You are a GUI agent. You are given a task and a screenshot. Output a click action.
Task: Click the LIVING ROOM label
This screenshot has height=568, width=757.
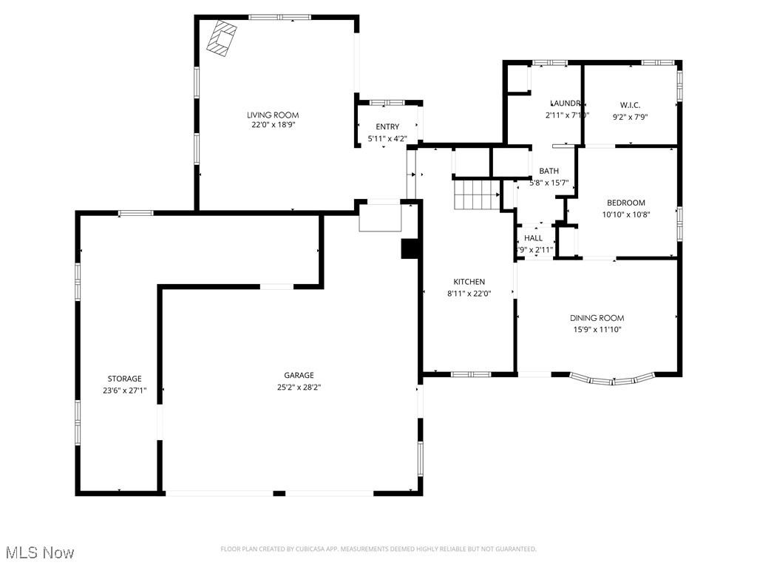[273, 115]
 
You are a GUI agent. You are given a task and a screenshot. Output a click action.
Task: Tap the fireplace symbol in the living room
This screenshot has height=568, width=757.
[222, 38]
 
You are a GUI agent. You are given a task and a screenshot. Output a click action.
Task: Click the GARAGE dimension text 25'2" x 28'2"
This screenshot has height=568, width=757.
[299, 386]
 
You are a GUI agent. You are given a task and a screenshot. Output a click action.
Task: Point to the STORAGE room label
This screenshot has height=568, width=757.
[124, 379]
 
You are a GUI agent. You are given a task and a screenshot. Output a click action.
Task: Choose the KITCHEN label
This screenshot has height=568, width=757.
[469, 282]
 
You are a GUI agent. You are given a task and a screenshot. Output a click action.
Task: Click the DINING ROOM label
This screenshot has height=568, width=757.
[597, 318]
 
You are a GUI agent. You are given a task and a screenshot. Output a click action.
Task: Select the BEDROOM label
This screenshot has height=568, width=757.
[625, 203]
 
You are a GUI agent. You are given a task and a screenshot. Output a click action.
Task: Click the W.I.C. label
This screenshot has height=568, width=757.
[630, 105]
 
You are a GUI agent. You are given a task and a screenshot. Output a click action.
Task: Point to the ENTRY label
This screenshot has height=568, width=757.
[387, 127]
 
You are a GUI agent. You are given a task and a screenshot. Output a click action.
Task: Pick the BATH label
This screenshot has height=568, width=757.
[549, 171]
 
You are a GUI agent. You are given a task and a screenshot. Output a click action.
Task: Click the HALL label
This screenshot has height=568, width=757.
[533, 238]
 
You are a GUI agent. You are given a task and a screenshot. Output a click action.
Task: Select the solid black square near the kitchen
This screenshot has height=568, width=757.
[410, 248]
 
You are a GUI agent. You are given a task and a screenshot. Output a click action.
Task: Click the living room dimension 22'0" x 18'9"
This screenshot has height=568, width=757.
[273, 125]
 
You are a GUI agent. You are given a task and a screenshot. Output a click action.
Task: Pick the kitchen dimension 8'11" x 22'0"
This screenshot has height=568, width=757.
[469, 293]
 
